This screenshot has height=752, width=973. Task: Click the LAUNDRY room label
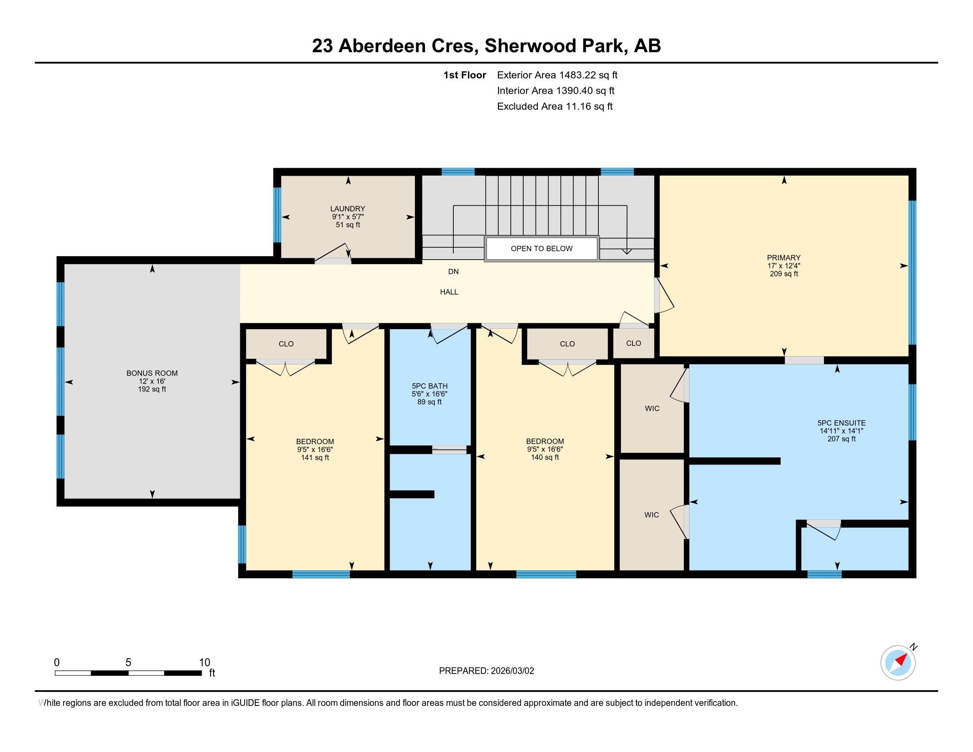348,208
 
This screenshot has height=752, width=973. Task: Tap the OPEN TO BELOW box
541,249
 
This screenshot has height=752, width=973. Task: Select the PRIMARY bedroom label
784,257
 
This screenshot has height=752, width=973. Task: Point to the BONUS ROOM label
152,373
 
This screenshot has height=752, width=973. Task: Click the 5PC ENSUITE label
842,423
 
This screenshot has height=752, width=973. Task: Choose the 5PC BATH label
429,386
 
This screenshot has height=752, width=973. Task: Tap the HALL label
449,292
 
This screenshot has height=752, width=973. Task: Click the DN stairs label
453,272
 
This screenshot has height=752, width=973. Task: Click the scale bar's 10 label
204,663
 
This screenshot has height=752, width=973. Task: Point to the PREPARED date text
486,671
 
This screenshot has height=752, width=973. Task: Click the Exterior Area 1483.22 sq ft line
557,75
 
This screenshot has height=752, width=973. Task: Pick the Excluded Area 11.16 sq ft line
555,106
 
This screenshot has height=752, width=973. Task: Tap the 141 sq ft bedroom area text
315,457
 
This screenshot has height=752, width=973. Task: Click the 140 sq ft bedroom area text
545,457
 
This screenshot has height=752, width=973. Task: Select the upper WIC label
652,409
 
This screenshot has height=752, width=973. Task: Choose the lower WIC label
651,515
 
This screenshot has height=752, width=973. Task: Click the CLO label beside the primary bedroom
633,343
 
